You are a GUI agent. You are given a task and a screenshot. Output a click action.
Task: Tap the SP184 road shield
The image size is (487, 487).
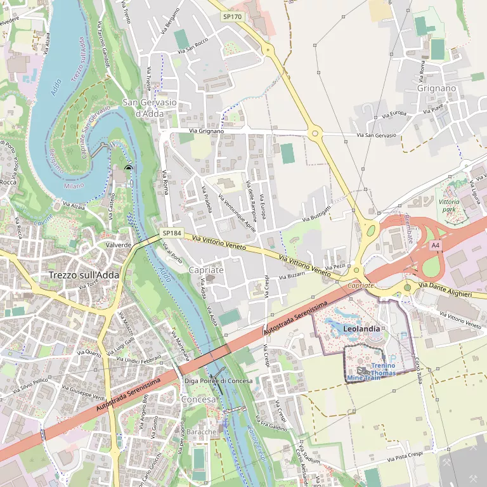point(171,233)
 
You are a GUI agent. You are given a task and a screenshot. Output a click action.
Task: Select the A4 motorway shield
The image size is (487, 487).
point(434,245)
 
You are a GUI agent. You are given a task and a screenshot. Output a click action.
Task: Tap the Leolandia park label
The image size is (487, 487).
point(361,329)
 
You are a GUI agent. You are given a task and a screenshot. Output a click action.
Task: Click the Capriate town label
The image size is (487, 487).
point(206,269)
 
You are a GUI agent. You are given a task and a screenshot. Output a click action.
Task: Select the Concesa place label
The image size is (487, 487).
point(198,400)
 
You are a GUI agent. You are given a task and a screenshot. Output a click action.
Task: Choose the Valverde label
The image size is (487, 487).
point(119,245)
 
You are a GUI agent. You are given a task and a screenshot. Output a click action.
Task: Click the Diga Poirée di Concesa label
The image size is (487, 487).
point(218,381)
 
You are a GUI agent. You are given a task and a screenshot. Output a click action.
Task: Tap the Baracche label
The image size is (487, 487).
point(202,431)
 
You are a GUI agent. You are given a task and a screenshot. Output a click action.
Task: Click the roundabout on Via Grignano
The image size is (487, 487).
point(315,133)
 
